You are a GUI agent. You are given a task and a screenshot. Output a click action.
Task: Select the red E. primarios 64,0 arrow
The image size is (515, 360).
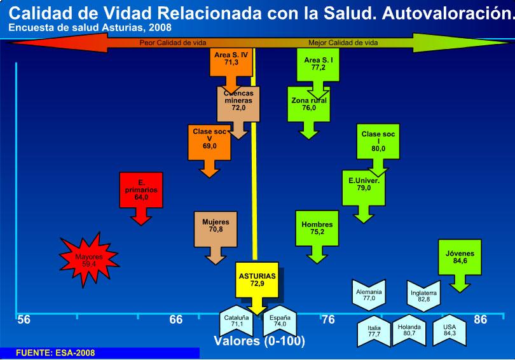[141, 192]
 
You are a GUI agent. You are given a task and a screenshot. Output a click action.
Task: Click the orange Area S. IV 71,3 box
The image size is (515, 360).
[226, 61]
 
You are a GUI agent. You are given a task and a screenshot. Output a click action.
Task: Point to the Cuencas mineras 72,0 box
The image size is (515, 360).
[238, 105]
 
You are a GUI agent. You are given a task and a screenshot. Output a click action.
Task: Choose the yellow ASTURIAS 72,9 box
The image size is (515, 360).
[257, 280]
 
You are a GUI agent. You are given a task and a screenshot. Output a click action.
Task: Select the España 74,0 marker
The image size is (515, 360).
[280, 321]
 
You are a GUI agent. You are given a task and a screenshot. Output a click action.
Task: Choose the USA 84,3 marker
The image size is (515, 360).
[450, 330]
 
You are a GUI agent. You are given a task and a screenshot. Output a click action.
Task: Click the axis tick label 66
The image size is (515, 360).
[176, 319]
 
